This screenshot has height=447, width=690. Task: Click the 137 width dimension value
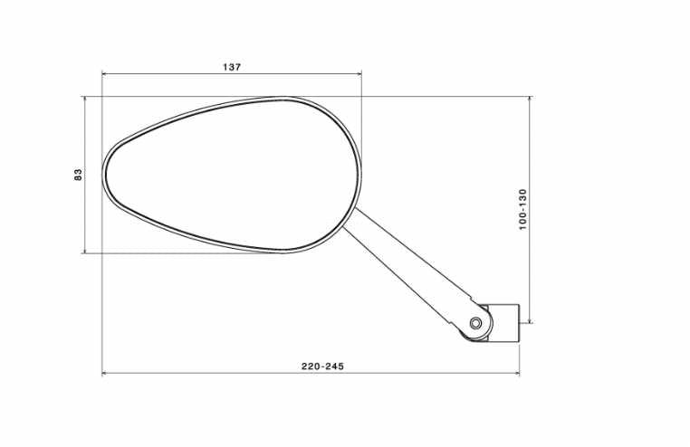click(231, 67)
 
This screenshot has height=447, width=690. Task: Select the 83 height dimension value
click(78, 174)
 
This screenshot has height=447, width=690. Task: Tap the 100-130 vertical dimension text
click(523, 210)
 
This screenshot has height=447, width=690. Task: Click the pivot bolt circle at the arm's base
click(476, 323)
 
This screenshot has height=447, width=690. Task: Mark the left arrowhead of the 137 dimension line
click(105, 74)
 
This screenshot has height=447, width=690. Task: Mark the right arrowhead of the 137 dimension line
click(358, 74)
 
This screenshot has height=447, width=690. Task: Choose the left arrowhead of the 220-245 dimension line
click(105, 373)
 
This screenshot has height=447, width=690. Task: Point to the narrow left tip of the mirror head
click(105, 175)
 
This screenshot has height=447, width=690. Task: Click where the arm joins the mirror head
click(352, 217)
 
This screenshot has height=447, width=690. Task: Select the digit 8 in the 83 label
click(78, 176)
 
